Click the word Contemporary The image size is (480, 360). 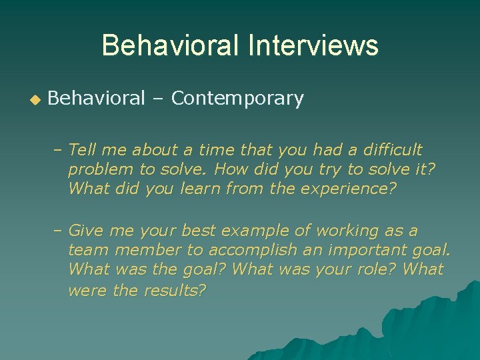pyautogui.click(x=237, y=99)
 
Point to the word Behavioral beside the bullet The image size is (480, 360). pyautogui.click(x=96, y=99)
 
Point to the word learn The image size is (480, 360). pyautogui.click(x=201, y=189)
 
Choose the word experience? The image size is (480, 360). pyautogui.click(x=348, y=189)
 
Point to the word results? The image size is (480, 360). pyautogui.click(x=175, y=290)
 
